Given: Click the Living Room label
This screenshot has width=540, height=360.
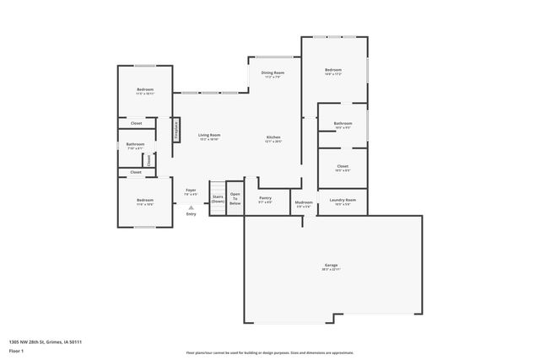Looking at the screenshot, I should coord(209,137).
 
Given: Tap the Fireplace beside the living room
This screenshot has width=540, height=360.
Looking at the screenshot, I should coord(176,129).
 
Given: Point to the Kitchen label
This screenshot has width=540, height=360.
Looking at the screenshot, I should coord(273,138).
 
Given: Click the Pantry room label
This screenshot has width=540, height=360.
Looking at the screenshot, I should coord(265,200).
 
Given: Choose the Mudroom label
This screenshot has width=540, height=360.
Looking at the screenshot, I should coord(303,203).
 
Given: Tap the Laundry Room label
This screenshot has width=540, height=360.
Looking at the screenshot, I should coord(343,201).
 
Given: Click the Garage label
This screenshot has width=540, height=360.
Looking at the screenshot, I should coord(330,266).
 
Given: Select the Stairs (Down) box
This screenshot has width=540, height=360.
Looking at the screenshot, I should coord(218,200).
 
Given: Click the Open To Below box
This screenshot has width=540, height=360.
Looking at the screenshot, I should coord(235,200).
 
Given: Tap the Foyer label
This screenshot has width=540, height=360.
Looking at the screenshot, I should coord(191,191).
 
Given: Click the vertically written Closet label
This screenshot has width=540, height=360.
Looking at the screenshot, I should coord(148,159).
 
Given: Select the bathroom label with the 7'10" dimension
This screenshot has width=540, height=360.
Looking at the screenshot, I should coord(135,145).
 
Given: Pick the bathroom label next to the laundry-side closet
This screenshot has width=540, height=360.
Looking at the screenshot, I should coord(343,125).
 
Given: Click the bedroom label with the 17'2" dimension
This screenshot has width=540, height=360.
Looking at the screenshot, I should coord(333,71).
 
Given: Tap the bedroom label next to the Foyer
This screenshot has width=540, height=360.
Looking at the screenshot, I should coord(145,201).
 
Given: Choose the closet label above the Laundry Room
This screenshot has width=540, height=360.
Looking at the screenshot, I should coord(343,168).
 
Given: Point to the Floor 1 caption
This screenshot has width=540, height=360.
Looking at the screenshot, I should coord(16,350).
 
